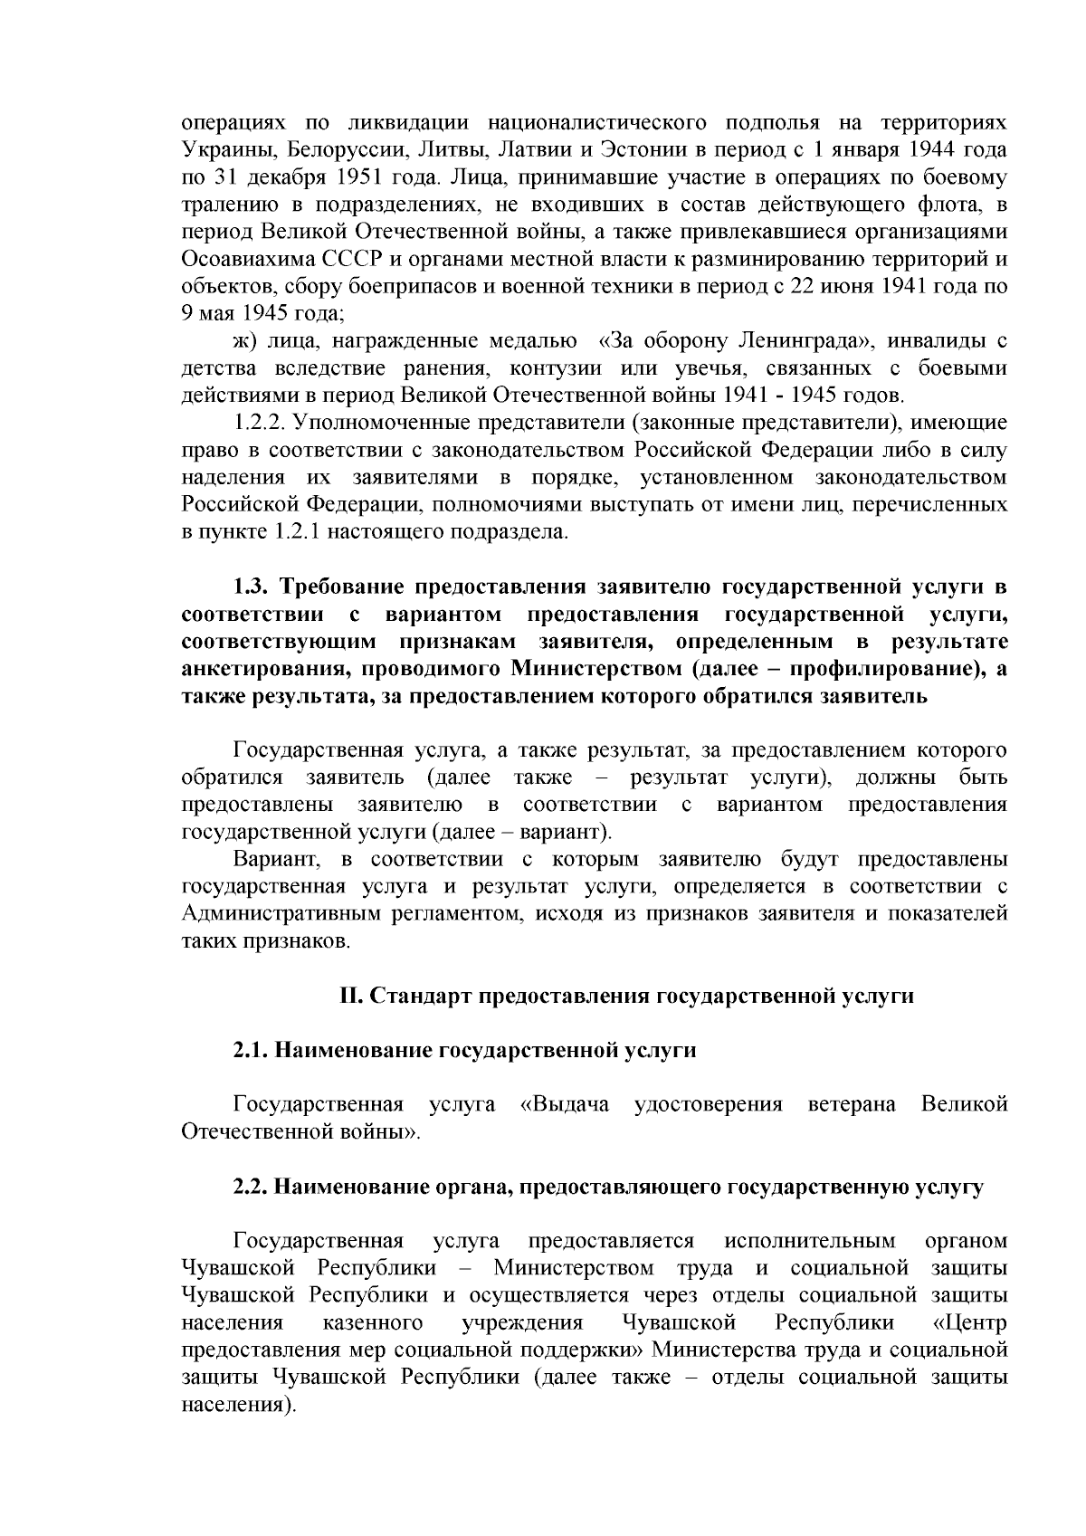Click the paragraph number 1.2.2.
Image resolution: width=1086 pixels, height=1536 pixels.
click(x=261, y=423)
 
